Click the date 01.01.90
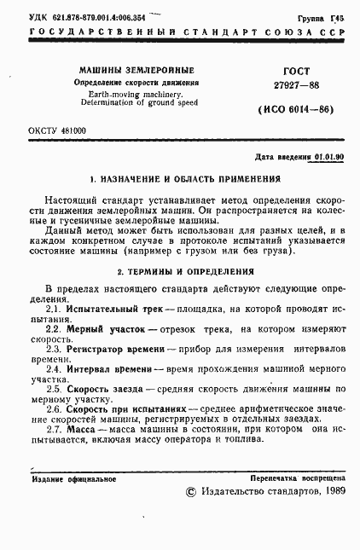click(x=329, y=158)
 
